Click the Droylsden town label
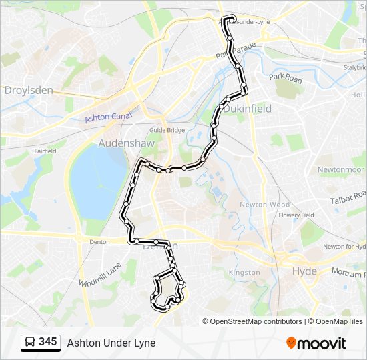coord(29,89)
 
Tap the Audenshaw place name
coord(127,143)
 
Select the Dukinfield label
coord(248,108)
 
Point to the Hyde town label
coord(305,271)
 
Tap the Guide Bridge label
coord(167,130)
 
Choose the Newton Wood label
coord(265,205)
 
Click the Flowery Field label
coord(296,215)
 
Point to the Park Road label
coord(286,79)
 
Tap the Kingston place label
coord(244,273)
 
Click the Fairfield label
coord(45,151)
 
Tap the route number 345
coord(47,342)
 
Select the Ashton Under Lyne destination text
coord(111,343)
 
